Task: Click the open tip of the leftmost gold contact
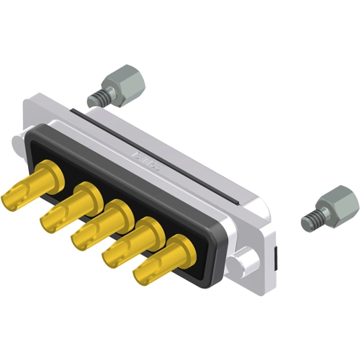[13, 194]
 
